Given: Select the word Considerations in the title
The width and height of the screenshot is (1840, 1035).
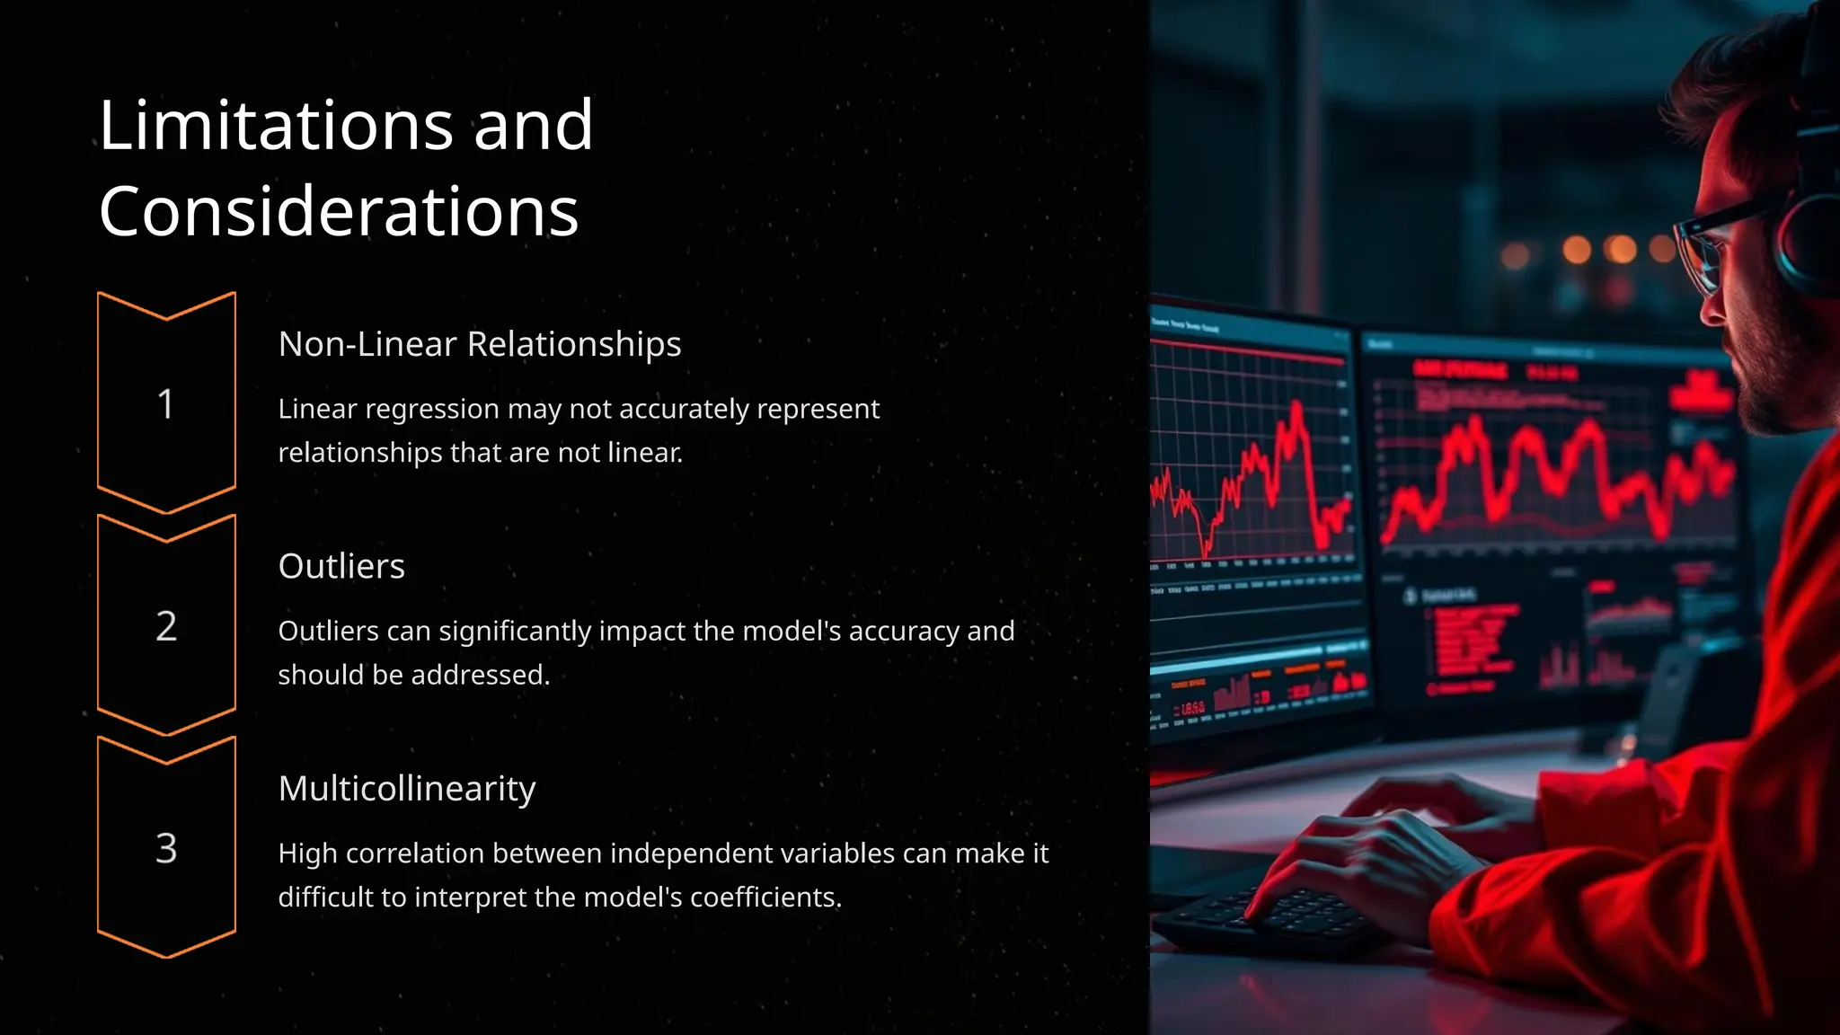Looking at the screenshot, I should (x=339, y=212).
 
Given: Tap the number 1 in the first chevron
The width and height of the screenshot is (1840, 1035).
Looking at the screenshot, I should (x=165, y=404).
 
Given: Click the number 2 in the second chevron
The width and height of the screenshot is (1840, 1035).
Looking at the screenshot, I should (x=166, y=626).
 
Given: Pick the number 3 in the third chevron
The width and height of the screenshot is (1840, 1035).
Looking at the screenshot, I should (x=166, y=848).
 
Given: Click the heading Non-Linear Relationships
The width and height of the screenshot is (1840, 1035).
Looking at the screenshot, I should (x=479, y=344).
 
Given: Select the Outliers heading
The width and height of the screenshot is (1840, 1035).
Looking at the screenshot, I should (x=341, y=566).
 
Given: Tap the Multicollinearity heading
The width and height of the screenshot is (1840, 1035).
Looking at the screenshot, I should (x=406, y=789).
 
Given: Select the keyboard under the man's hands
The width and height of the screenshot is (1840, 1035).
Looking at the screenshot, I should (x=1276, y=916).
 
